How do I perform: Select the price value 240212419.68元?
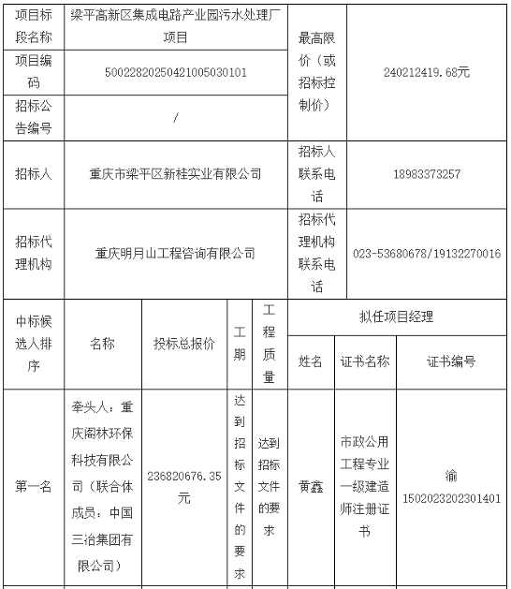tap(426, 71)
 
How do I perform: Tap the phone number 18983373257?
tap(426, 174)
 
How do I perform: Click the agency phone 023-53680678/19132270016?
tap(426, 253)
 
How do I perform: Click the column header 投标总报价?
tap(184, 344)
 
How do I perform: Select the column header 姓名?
tap(310, 361)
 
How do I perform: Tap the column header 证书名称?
tap(365, 361)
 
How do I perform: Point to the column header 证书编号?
tap(451, 361)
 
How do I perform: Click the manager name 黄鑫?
tap(310, 487)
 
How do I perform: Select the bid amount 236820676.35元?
tap(184, 487)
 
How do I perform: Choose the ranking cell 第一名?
tap(34, 487)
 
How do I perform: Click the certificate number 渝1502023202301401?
tap(451, 487)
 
